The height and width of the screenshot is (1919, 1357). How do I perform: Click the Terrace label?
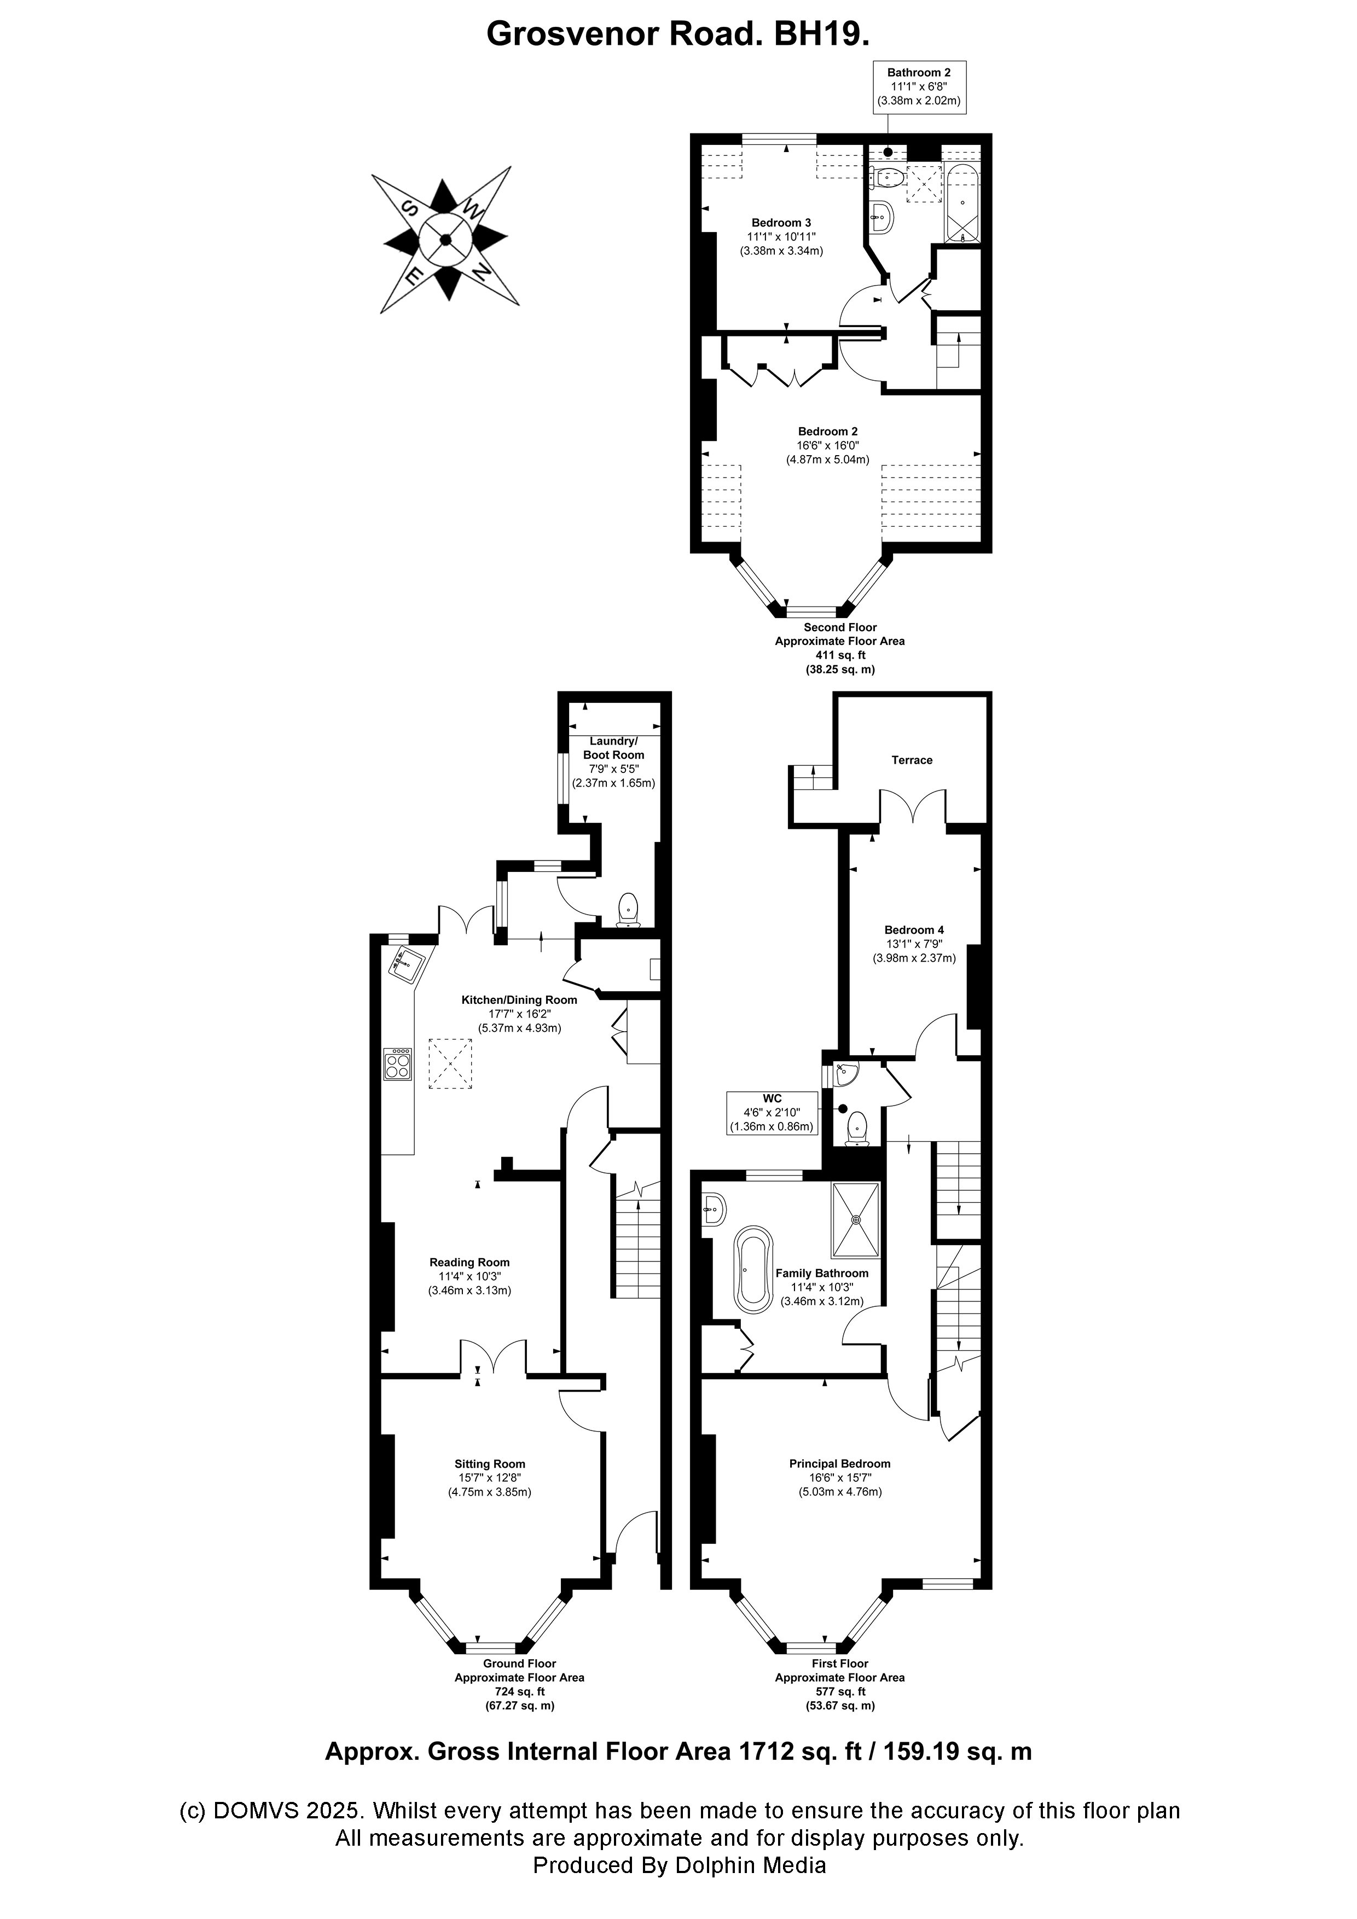912,760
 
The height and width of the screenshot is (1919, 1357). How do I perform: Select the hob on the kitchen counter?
398,1064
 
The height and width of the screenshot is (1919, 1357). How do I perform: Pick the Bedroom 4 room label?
914,929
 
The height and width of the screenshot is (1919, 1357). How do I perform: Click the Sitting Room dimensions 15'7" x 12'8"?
489,1478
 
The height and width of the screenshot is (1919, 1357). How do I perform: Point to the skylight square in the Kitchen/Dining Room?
451,1064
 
